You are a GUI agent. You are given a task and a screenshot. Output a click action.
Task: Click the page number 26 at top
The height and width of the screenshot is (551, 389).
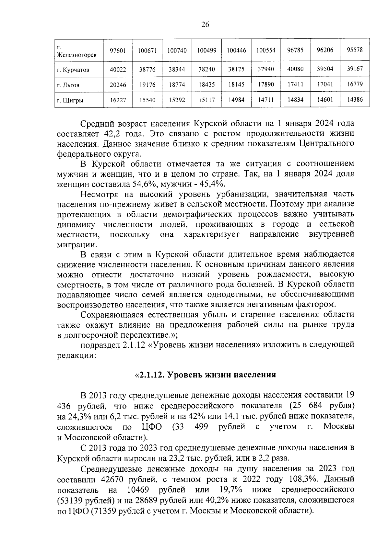point(205,25)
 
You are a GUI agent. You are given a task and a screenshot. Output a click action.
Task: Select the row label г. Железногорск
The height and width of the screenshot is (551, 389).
point(77,51)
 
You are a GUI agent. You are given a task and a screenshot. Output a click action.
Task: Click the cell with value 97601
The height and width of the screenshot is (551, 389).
point(118,51)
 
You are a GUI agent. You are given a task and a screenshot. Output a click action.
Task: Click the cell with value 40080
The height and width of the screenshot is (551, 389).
point(295,69)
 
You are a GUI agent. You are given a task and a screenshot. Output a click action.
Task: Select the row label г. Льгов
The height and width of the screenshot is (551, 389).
point(68,85)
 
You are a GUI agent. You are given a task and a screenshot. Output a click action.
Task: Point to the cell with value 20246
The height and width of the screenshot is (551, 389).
point(118,85)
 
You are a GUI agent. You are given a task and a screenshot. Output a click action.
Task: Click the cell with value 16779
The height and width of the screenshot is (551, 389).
point(355,84)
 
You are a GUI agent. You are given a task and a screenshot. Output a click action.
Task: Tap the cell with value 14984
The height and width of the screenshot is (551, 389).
point(236,100)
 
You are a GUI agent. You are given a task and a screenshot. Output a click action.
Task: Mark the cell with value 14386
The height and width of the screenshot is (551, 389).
point(355,100)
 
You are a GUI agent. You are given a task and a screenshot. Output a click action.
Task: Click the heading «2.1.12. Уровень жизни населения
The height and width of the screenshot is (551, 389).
point(205,375)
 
